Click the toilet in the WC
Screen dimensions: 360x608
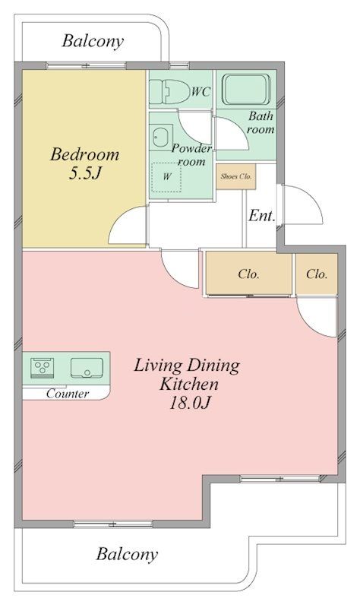coord(168,91)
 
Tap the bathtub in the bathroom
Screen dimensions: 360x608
coord(246,90)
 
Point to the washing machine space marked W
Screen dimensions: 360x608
coord(166,177)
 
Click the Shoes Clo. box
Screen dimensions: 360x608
coord(236,176)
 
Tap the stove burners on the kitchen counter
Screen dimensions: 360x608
coord(42,366)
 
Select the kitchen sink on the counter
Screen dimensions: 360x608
coord(87,368)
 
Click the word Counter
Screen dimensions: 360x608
coord(68,394)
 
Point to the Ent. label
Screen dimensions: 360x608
coord(261,215)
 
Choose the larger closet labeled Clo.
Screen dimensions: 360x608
coord(249,274)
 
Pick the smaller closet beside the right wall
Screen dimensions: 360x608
coord(317,274)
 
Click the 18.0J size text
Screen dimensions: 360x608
coord(190,404)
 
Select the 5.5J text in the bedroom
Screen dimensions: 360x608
coord(85,173)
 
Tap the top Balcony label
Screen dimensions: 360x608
coord(93,41)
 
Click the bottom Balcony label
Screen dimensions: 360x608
coord(127,554)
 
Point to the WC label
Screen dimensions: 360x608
coord(201,91)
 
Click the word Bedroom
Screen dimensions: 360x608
coord(85,154)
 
